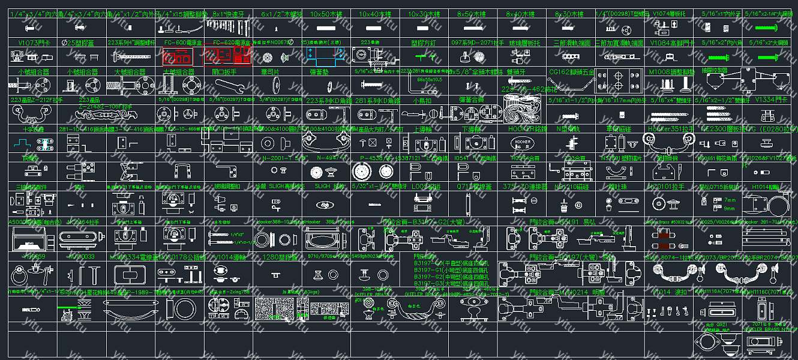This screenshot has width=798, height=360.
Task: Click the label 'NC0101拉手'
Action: pyautogui.click(x=670, y=187)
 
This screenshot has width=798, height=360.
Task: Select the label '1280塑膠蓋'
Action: pyautogui.click(x=276, y=257)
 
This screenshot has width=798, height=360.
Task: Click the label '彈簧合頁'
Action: pyautogui.click(x=471, y=100)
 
